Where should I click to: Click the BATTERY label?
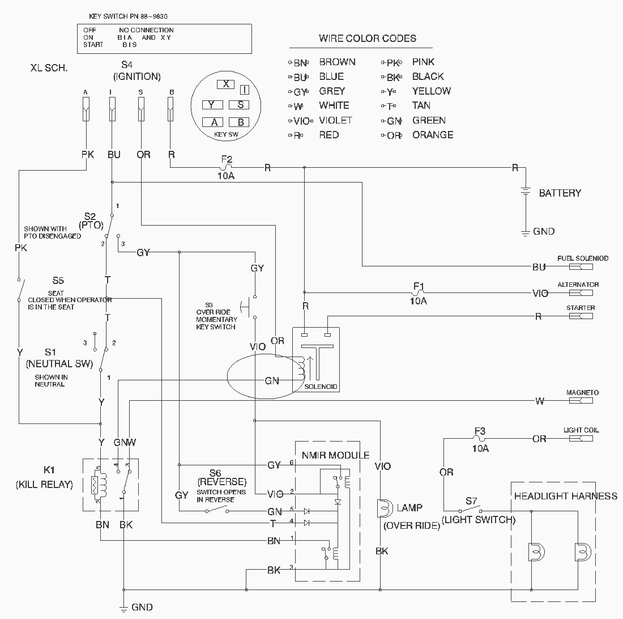coord(560,193)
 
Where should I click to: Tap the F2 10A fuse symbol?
coord(225,168)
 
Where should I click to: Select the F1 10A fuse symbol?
coord(418,293)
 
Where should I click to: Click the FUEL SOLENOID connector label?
coord(583,258)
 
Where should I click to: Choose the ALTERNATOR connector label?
coord(578,285)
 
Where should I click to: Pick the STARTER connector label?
coord(581,308)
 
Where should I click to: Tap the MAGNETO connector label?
coord(582,393)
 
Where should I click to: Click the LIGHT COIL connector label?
coord(581,430)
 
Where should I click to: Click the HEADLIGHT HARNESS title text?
coord(565,496)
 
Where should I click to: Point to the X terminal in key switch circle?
coord(225,84)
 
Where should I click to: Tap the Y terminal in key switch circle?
coord(211,105)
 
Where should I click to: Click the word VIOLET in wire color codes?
coord(335,120)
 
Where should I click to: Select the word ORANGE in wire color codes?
coord(433,135)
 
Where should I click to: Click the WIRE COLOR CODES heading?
coord(368,39)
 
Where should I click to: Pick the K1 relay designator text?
coord(50,470)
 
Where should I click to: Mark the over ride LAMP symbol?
coord(383,508)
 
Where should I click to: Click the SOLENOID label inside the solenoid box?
coord(321,387)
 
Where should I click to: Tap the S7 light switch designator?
coord(471,501)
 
